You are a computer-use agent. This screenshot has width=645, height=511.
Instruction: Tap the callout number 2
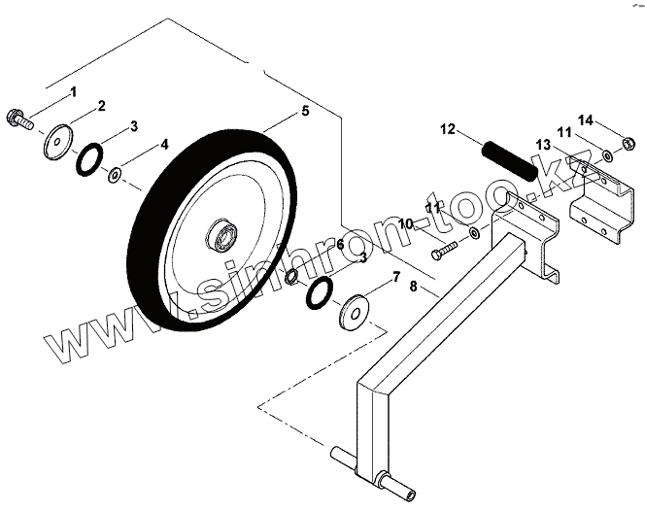[x=102, y=105]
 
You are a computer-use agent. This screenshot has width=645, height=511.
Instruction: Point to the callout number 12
[x=447, y=128]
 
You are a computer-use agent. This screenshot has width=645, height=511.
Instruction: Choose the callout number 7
[x=395, y=277]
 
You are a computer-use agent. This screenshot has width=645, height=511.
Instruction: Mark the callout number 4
[x=165, y=145]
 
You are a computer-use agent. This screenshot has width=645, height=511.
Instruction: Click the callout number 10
[x=405, y=224]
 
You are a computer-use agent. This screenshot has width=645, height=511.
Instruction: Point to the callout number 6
[x=340, y=244]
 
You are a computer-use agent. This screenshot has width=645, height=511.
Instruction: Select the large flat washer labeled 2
[x=60, y=140]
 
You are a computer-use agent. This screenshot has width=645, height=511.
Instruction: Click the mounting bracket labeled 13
[x=594, y=199]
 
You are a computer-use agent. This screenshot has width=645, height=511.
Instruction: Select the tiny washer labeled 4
[x=115, y=175]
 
